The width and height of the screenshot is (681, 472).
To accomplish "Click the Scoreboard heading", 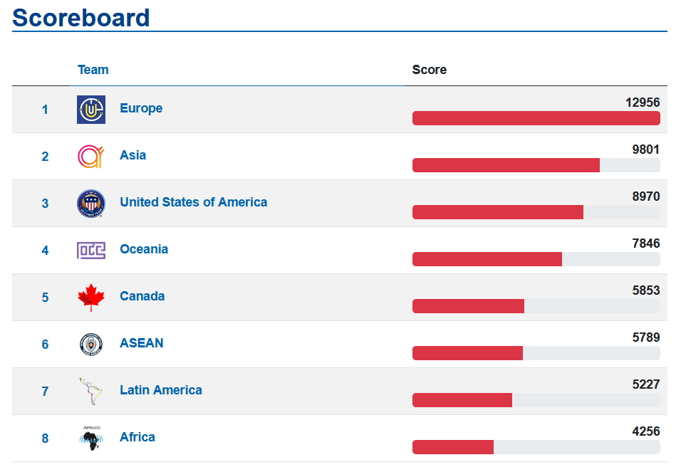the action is [80, 18].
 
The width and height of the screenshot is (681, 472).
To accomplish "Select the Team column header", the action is [93, 70].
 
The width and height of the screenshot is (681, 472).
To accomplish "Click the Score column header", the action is [429, 70].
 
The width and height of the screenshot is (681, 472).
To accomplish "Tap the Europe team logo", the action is [91, 110].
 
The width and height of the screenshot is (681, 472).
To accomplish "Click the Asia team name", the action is [133, 155].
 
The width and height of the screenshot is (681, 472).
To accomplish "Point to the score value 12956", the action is [643, 103].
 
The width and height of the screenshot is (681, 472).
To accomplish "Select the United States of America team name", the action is [193, 202].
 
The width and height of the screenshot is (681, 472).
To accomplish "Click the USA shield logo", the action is [91, 203].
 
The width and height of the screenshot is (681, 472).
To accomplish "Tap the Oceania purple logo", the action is [91, 251].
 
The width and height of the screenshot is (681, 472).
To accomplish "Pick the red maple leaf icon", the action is [91, 298].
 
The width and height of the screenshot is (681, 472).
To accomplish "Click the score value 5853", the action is [646, 290].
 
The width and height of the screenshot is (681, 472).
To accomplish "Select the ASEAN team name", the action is [142, 343].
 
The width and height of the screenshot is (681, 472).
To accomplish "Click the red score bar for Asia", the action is [506, 165].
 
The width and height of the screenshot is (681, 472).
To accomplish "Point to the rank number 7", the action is [45, 392].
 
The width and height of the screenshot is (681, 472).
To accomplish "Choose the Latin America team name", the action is [161, 390].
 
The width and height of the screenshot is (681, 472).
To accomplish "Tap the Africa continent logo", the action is [91, 438].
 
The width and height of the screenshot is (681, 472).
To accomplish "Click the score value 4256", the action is [646, 431].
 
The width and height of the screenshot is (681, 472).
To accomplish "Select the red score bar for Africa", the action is [453, 447].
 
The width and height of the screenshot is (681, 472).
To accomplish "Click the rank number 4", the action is [45, 251].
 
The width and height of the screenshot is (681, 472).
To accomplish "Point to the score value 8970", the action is [646, 196].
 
